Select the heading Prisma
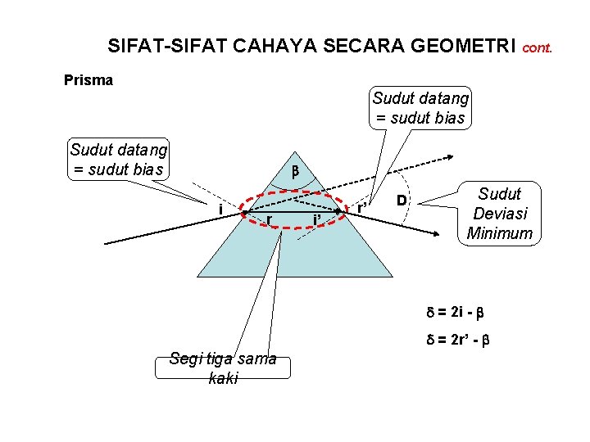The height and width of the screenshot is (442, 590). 88,80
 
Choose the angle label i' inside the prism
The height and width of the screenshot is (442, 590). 317,219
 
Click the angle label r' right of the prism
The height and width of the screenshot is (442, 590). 361,208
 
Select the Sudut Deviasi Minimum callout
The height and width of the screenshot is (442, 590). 499,214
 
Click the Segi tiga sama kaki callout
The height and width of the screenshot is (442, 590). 223,368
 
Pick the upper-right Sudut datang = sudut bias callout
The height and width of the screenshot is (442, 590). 420,108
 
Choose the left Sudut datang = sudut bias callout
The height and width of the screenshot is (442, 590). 119,160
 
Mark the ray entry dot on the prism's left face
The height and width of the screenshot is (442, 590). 244,213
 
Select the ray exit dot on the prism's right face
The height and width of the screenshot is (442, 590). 338,212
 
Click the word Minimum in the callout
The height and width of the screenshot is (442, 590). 499,233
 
